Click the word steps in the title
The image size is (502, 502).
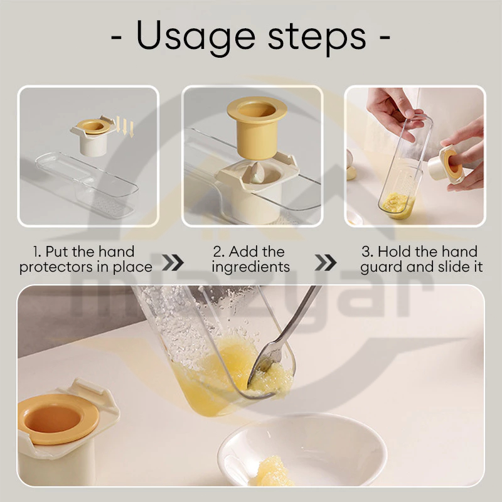coord(317,37)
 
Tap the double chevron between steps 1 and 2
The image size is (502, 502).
coord(173,262)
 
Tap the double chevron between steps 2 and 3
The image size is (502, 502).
coord(326,262)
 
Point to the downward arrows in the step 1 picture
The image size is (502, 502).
coord(124,127)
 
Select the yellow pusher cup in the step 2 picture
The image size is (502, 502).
coord(257,127)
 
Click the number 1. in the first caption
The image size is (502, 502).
coord(37,252)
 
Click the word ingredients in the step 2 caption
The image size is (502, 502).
coord(250,267)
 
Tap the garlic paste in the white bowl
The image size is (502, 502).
coord(273,472)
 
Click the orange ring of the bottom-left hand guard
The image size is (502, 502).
coord(58,419)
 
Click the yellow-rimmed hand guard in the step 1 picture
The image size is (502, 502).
coord(93,136)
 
